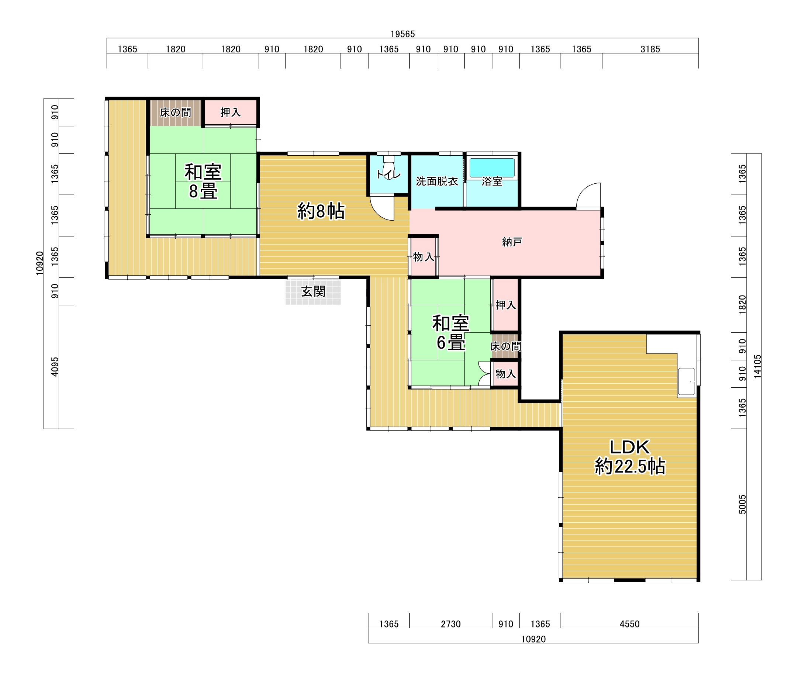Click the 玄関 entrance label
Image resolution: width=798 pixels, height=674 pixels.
pos(313,291)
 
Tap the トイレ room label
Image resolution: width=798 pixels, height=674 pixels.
pos(389,175)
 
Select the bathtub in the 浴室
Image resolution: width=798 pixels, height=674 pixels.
pos(492,168)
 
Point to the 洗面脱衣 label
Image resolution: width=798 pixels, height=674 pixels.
pos(437,181)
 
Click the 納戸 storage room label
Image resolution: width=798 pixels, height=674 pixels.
pos(512,242)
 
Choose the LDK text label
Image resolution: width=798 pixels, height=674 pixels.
pos(629,446)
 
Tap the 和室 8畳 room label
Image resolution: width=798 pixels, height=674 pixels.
pos(203,182)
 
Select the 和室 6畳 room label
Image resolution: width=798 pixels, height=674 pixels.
pos(451,333)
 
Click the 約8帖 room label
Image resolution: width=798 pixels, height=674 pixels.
pos(321,211)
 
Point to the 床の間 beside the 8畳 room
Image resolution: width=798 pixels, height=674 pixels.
pos(175,112)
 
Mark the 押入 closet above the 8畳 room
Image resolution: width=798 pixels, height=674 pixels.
pos(231,112)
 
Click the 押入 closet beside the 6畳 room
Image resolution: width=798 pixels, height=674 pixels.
pos(506,305)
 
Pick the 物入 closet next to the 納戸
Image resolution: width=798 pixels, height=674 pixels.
pos(424,257)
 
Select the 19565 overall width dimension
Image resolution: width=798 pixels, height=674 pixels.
pos(403,34)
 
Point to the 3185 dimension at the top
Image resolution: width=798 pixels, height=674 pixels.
pos(650,49)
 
